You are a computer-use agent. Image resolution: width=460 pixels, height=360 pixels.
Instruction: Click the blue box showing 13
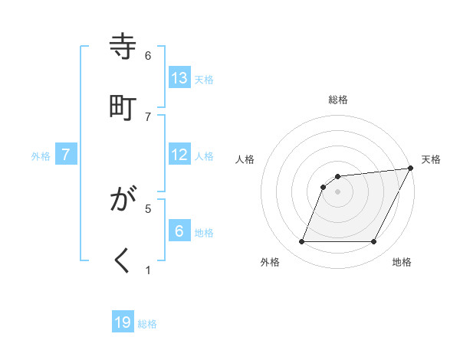(179, 77)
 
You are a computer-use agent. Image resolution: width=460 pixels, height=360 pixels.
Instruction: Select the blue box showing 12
(179, 155)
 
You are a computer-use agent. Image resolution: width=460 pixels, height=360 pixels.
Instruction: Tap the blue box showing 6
(179, 231)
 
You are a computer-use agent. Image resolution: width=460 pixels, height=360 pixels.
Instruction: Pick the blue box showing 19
(123, 322)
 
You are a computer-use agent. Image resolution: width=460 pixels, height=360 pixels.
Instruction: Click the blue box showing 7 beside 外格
(66, 155)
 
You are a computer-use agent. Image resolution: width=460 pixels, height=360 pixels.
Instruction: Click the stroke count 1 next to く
(148, 270)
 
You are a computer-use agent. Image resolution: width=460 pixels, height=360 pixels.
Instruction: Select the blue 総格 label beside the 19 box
(147, 324)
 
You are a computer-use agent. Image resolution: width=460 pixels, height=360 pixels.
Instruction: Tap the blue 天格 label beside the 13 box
(204, 79)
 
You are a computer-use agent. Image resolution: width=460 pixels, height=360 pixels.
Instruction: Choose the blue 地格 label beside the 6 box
(204, 233)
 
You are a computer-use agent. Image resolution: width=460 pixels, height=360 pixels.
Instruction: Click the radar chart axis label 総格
(338, 100)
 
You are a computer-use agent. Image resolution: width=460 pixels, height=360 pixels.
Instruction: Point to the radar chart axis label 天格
(431, 159)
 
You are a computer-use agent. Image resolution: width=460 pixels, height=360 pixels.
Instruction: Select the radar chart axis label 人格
(245, 159)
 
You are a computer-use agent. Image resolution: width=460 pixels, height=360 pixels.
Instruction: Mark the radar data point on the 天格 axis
(411, 169)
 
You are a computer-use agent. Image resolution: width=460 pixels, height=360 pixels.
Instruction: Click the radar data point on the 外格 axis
(301, 242)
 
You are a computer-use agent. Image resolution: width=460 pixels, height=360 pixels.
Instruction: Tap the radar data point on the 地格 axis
(374, 242)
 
